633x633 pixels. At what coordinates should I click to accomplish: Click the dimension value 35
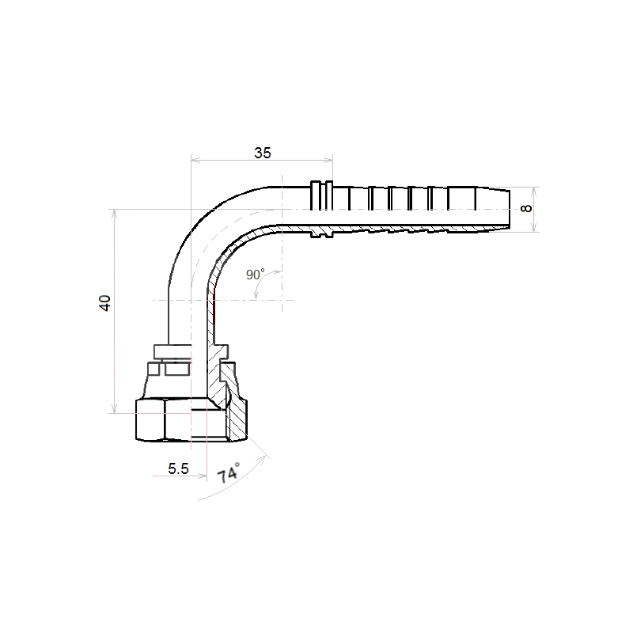coord(263,153)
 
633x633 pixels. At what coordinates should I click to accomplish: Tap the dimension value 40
coord(105,303)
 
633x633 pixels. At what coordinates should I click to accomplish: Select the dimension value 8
coord(526,209)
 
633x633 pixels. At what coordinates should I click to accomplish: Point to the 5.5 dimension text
coord(178,468)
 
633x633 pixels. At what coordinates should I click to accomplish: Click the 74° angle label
coord(229,472)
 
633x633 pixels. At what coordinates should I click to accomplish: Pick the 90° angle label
coord(255,275)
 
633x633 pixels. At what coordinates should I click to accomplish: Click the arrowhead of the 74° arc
coord(265,458)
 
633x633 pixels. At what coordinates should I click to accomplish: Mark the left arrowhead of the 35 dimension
coord(195,161)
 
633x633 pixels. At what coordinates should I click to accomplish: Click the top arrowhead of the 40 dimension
coord(115,214)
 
